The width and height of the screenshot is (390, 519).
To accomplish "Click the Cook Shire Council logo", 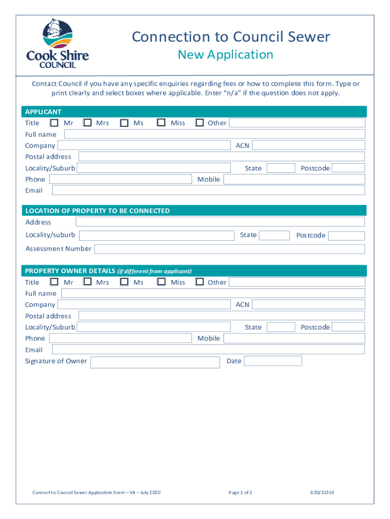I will (x=57, y=44).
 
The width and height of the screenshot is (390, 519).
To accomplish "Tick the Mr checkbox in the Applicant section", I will (x=54, y=123).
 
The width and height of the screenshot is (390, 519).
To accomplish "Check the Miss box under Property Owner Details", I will (x=162, y=282).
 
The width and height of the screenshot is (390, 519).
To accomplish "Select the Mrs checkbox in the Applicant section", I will (x=88, y=123).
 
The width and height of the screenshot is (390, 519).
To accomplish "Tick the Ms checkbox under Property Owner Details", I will (x=124, y=282).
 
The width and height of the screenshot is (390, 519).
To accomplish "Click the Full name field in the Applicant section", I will (x=214, y=134).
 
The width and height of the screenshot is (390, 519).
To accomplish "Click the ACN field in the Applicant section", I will (x=308, y=145).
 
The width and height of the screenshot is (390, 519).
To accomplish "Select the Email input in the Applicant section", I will (x=208, y=190).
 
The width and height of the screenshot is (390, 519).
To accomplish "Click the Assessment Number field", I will (x=229, y=249).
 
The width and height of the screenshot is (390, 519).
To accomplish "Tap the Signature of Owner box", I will (x=154, y=362).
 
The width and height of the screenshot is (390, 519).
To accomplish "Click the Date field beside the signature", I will (x=272, y=361).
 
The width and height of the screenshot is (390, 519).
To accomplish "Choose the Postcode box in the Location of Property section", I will (x=347, y=236).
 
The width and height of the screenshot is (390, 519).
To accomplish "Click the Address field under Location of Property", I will (x=220, y=222).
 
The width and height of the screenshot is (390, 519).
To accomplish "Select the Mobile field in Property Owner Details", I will (x=294, y=338).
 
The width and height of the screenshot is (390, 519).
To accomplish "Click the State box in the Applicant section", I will (x=281, y=168).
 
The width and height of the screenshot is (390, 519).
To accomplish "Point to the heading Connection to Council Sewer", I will (x=231, y=37).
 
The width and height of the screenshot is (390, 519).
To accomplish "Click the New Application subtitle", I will (x=225, y=55).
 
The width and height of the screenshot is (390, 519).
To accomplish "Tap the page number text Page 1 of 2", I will (x=241, y=492).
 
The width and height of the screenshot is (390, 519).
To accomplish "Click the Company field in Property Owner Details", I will (x=144, y=304).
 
